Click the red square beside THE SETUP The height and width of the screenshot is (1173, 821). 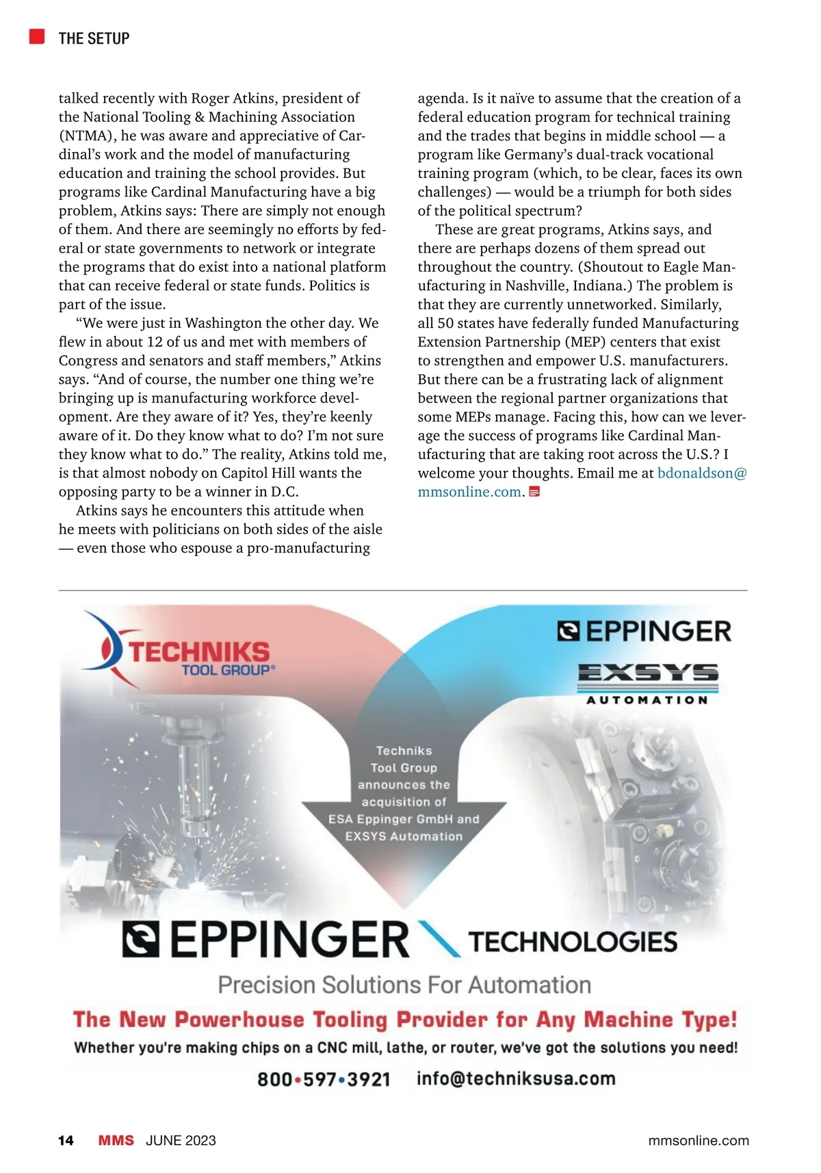[x=37, y=36]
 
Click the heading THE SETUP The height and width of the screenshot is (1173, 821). [x=94, y=38]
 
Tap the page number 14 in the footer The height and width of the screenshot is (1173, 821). [x=66, y=1140]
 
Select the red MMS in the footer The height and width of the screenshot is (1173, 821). [x=116, y=1140]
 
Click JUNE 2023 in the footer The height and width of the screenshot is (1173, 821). [x=181, y=1140]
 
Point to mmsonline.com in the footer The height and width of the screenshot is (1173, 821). [x=698, y=1140]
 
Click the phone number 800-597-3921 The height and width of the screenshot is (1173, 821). [x=324, y=1079]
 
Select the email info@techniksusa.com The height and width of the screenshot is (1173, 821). [x=516, y=1079]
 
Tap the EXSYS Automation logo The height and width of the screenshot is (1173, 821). [x=647, y=682]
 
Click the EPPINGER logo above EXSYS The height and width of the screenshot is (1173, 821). [x=644, y=631]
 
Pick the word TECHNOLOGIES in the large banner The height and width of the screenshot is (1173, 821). [x=573, y=942]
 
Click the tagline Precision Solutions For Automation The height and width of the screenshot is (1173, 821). [x=404, y=985]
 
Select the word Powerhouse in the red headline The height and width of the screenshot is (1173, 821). [x=239, y=1020]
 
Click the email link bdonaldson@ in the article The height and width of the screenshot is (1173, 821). [x=702, y=473]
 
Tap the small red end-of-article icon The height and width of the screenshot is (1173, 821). [x=535, y=491]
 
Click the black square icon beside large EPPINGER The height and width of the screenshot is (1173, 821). [x=141, y=940]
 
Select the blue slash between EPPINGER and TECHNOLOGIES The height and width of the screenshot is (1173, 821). [x=438, y=939]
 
